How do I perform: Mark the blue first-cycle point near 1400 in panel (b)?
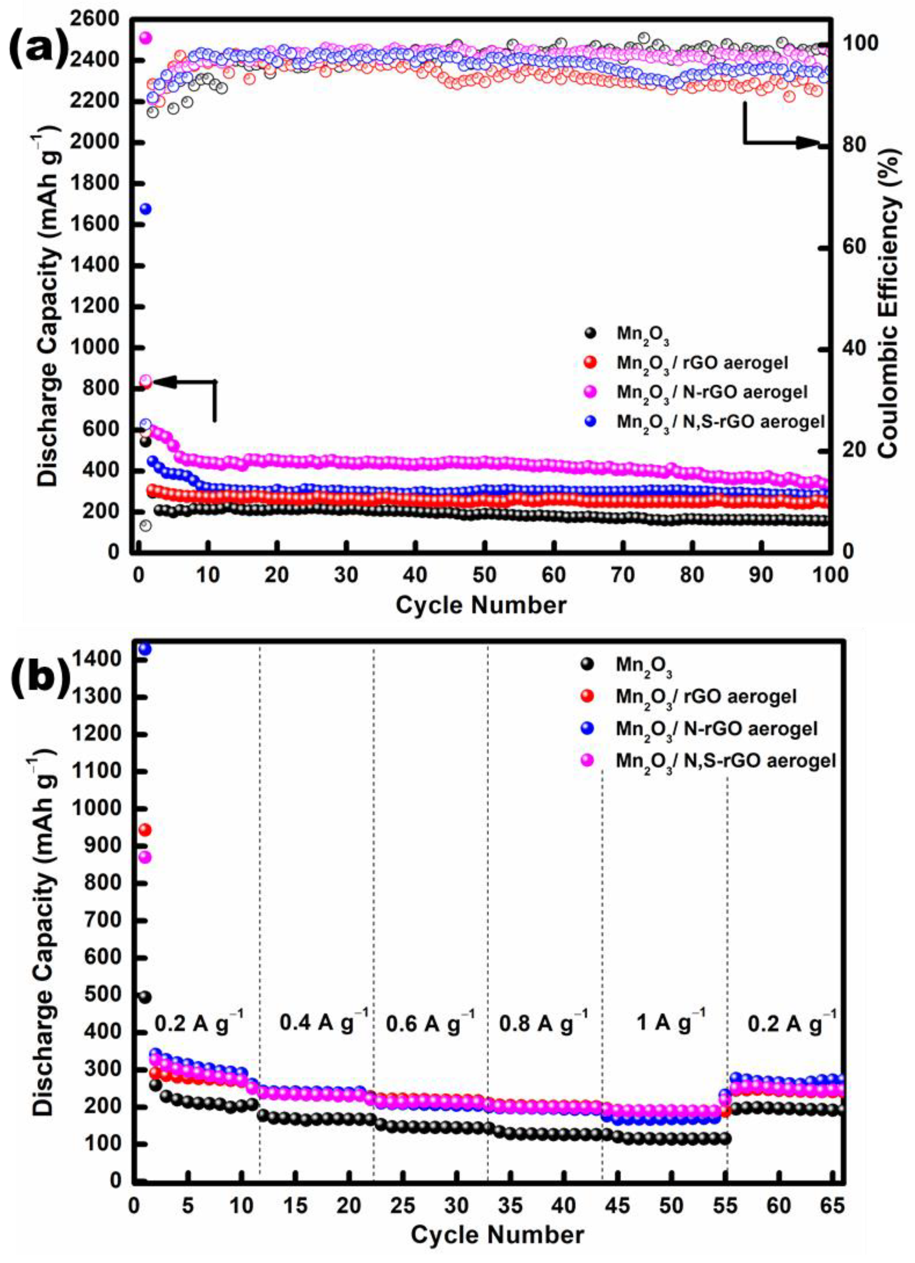[x=145, y=649]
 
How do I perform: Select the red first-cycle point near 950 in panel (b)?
[x=145, y=830]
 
